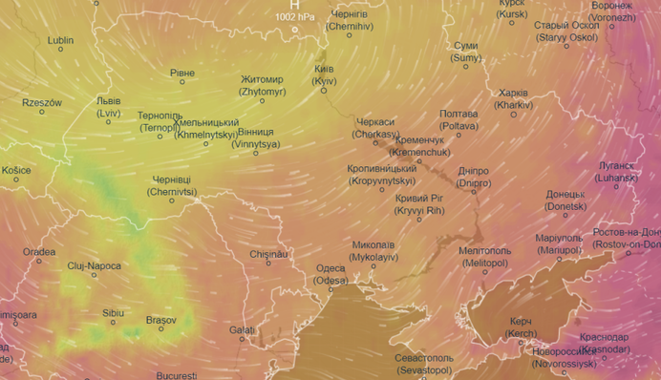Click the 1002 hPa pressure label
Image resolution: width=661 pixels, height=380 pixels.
click(295, 17)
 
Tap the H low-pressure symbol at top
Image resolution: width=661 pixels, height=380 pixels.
click(295, 5)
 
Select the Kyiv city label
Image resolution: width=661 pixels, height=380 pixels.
click(324, 76)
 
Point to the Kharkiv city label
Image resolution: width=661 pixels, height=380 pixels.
click(513, 98)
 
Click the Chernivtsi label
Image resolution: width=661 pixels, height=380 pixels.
click(172, 185)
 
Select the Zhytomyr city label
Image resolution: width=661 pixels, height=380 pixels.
click(261, 85)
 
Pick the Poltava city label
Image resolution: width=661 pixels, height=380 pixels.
click(458, 119)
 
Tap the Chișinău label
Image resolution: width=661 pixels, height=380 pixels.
click(267, 254)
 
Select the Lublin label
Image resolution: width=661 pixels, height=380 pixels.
click(60, 41)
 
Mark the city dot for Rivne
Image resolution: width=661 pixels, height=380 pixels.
click(182, 82)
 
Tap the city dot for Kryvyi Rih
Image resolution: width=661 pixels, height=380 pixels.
click(418, 219)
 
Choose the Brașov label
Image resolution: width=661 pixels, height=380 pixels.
click(160, 320)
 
